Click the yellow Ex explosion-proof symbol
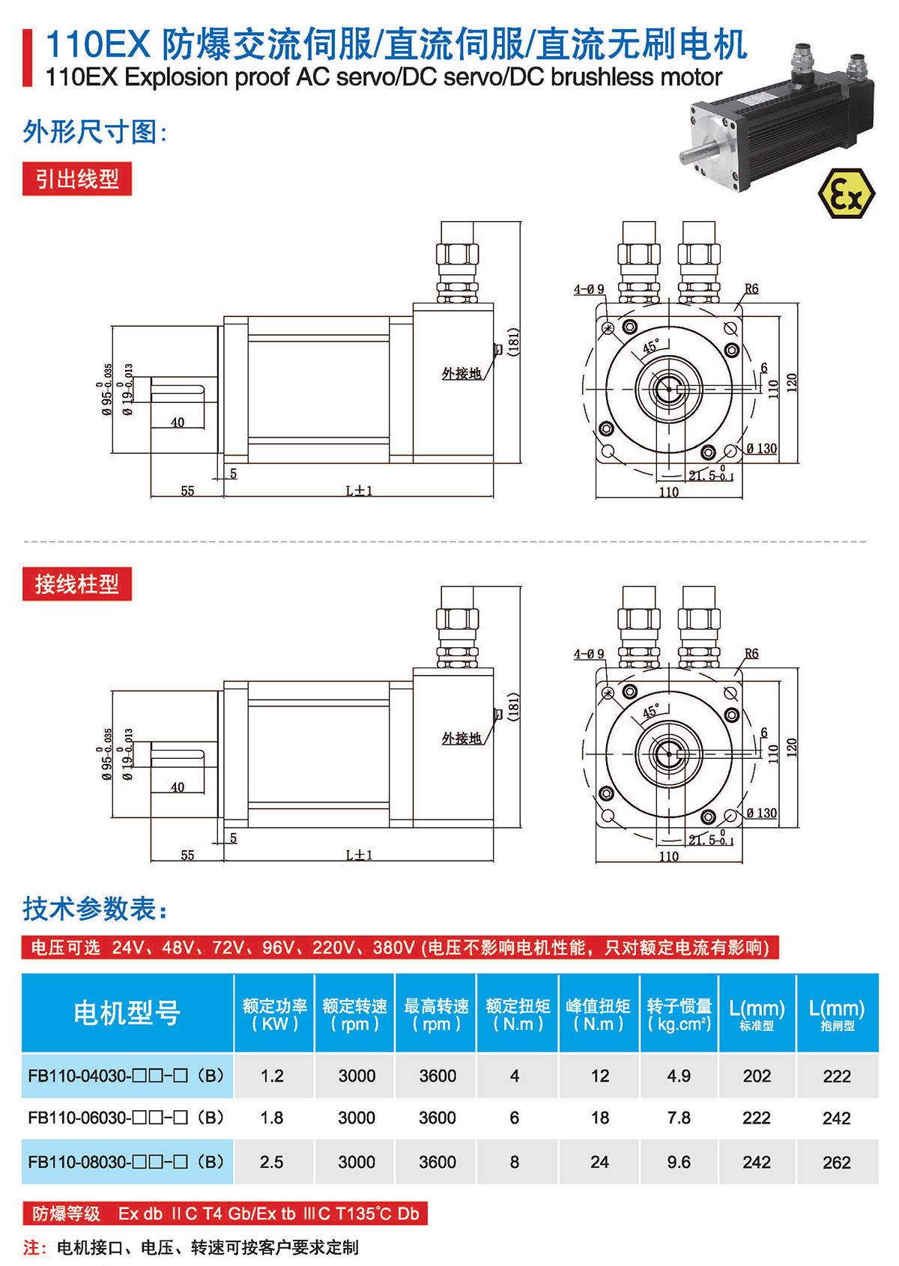click(x=846, y=193)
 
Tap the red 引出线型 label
click(x=77, y=179)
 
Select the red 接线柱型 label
click(x=77, y=584)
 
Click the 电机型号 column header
click(x=127, y=1013)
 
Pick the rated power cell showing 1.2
click(x=272, y=1076)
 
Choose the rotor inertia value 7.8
click(x=679, y=1118)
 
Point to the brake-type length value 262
click(x=837, y=1163)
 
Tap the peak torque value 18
click(x=599, y=1118)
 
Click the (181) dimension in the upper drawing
click(x=513, y=342)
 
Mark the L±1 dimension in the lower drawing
click(x=359, y=855)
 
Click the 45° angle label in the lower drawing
click(x=650, y=712)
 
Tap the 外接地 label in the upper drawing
click(x=461, y=373)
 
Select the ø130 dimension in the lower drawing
click(x=762, y=813)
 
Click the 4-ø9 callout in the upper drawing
click(x=589, y=289)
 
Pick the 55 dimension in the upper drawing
click(x=187, y=491)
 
